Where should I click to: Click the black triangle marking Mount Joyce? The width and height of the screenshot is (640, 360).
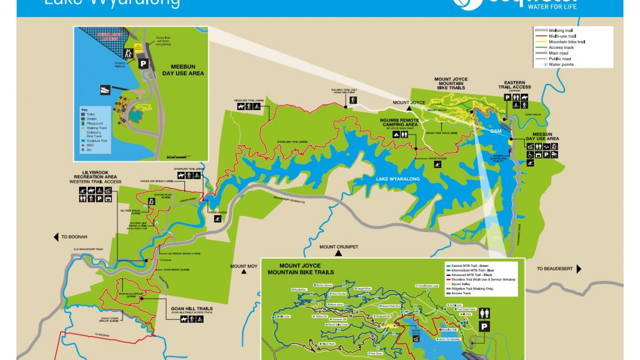pyautogui.click(x=409, y=109)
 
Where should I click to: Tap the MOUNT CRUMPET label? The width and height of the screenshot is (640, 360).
pyautogui.click(x=339, y=247)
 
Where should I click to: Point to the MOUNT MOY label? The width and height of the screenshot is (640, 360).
pyautogui.click(x=244, y=266)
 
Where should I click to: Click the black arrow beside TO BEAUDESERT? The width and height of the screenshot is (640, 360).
pyautogui.click(x=579, y=269)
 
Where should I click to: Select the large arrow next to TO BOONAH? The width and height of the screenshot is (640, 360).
pyautogui.click(x=56, y=237)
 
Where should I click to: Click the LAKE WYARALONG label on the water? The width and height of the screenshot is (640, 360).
pyautogui.click(x=397, y=179)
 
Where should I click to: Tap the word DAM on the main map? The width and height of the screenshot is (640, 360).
pyautogui.click(x=496, y=131)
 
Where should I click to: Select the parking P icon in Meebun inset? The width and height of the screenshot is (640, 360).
pyautogui.click(x=144, y=64)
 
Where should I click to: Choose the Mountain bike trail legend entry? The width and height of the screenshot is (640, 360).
pyautogui.click(x=566, y=42)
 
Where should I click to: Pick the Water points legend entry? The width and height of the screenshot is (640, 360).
pyautogui.click(x=561, y=64)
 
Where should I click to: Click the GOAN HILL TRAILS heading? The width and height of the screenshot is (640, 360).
pyautogui.click(x=192, y=309)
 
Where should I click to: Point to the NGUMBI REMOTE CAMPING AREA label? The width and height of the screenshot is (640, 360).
pyautogui.click(x=399, y=122)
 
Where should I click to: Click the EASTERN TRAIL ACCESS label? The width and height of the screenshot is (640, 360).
pyautogui.click(x=514, y=85)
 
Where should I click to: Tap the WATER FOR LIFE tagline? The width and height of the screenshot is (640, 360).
pyautogui.click(x=552, y=6)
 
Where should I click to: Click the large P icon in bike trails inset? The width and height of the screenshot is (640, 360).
pyautogui.click(x=484, y=327)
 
